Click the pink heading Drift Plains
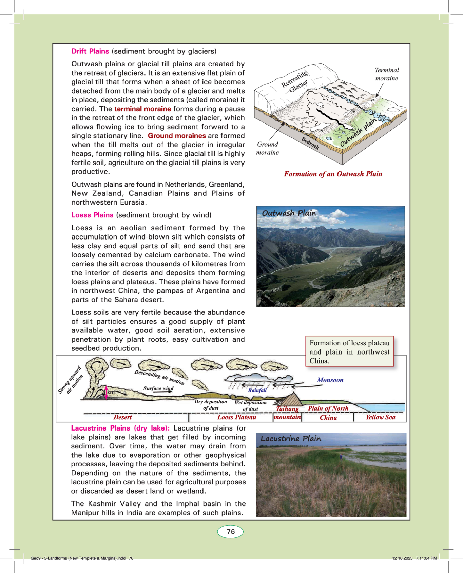click(90, 51)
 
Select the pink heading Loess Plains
click(92, 215)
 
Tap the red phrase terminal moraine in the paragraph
click(142, 109)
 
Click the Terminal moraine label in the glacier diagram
click(387, 74)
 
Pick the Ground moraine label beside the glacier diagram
click(268, 148)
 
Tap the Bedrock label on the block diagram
click(310, 143)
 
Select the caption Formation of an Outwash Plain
click(333, 174)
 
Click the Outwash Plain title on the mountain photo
click(289, 213)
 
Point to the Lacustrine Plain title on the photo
click(291, 439)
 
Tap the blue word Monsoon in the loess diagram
click(330, 380)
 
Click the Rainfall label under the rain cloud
click(257, 390)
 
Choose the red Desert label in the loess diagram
click(122, 417)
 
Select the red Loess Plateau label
click(237, 417)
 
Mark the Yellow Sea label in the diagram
click(380, 417)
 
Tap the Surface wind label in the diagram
click(158, 388)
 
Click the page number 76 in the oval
click(231, 532)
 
